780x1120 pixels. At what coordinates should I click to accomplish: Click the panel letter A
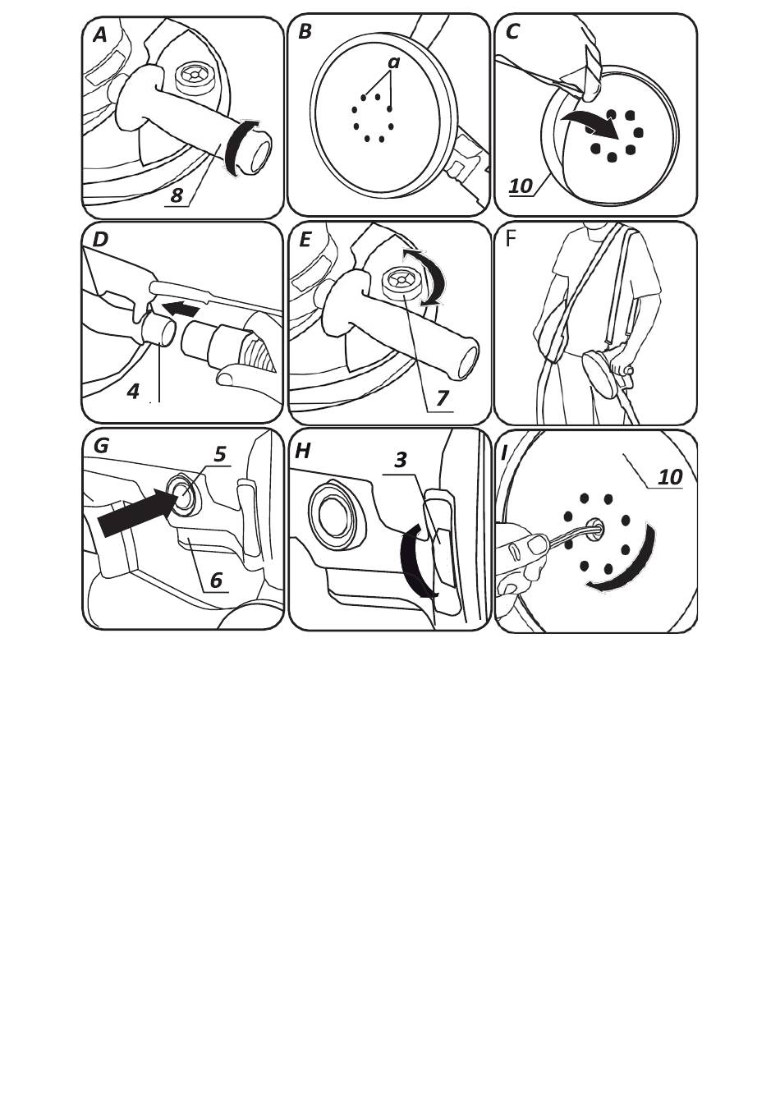pyautogui.click(x=100, y=35)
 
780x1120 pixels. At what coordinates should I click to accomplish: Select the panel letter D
pyautogui.click(x=100, y=240)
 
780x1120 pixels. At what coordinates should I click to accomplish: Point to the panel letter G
pyautogui.click(x=101, y=445)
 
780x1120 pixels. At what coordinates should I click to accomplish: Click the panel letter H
pyautogui.click(x=303, y=451)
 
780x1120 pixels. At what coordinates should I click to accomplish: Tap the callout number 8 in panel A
pyautogui.click(x=177, y=195)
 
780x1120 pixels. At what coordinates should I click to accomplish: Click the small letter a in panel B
pyautogui.click(x=394, y=62)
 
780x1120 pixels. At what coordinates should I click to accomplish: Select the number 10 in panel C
pyautogui.click(x=521, y=186)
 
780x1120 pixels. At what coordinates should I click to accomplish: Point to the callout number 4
pyautogui.click(x=133, y=391)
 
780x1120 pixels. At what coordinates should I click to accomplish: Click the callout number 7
pyautogui.click(x=442, y=398)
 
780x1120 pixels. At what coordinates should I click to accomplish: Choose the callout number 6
pyautogui.click(x=216, y=580)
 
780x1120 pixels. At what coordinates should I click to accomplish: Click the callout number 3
pyautogui.click(x=401, y=460)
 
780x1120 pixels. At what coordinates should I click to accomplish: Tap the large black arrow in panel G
pyautogui.click(x=135, y=512)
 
